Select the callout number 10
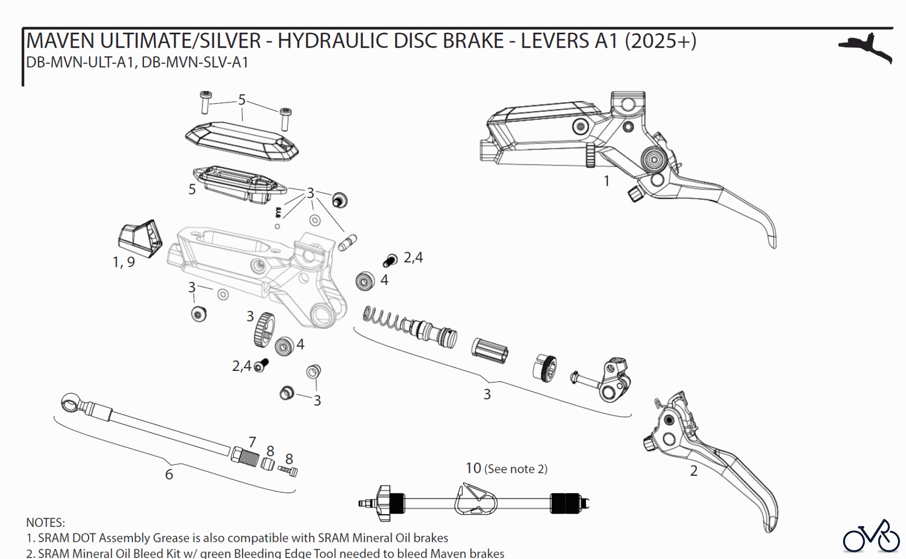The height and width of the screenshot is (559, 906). click(473, 468)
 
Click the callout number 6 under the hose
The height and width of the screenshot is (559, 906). click(169, 474)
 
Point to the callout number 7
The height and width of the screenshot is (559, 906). click(252, 442)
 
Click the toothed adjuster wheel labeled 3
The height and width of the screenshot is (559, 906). click(264, 330)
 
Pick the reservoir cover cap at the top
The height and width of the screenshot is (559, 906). click(242, 141)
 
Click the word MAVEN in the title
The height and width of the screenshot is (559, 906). click(60, 40)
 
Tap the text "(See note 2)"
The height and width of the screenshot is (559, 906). click(515, 469)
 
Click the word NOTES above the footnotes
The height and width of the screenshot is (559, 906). click(45, 522)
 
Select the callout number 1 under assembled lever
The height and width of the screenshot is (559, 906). click(607, 181)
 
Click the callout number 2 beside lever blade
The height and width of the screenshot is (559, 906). click(694, 471)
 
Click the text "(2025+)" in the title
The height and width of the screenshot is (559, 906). click(660, 40)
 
